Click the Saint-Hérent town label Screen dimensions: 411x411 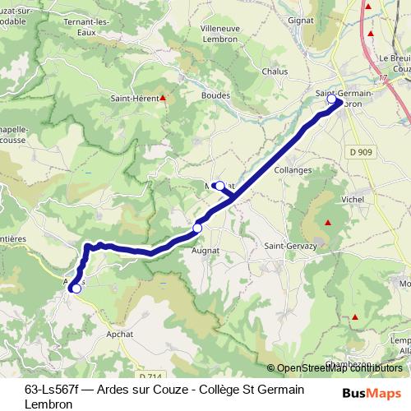click(x=135, y=99)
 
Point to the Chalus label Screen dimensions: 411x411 click(x=274, y=72)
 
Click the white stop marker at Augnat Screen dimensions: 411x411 click(x=197, y=228)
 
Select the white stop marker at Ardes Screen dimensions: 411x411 click(x=76, y=289)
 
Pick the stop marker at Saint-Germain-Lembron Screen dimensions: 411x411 click(x=332, y=99)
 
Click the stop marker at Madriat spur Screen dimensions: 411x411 click(x=219, y=186)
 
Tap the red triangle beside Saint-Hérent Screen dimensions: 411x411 click(x=163, y=99)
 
